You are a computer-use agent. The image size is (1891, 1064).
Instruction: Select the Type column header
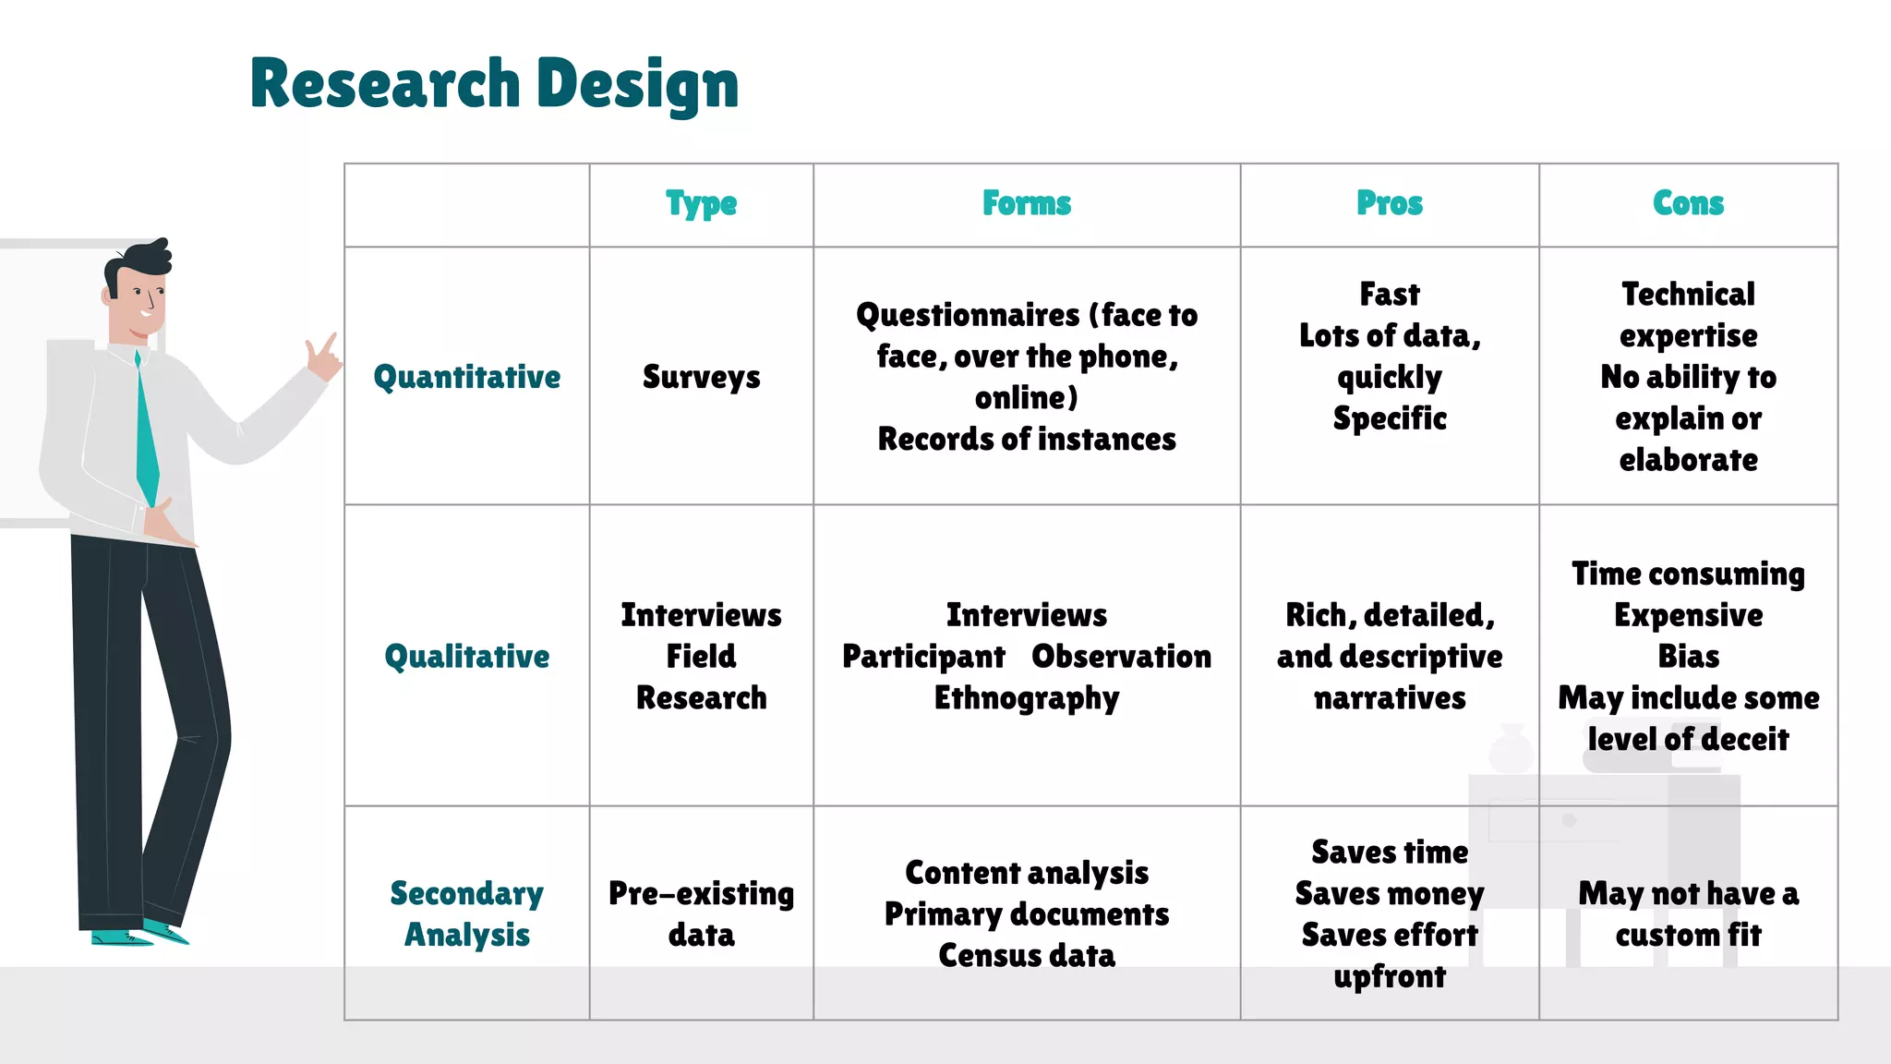click(701, 204)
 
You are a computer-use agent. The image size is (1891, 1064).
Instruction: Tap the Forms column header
click(1026, 204)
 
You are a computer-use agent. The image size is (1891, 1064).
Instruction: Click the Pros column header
click(1389, 204)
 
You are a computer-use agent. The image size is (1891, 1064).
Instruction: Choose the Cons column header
click(1688, 204)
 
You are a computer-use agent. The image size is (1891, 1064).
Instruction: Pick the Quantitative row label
click(466, 377)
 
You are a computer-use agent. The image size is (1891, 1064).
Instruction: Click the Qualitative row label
click(466, 657)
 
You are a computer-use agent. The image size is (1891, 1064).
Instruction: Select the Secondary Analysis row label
click(466, 913)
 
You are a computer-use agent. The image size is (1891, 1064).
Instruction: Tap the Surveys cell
click(701, 377)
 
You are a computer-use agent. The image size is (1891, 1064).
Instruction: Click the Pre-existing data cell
click(701, 913)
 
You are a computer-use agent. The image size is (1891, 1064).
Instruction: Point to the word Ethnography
click(1026, 698)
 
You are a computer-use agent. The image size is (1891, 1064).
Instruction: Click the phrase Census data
click(1026, 955)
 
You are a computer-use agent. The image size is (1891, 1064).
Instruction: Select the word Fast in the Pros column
click(1389, 295)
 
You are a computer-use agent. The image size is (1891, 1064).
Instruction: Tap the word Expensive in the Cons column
click(1688, 615)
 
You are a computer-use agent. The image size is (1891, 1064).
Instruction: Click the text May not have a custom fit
click(1688, 913)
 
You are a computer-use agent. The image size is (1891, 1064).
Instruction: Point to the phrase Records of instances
click(1026, 439)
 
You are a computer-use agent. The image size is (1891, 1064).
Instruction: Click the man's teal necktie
click(146, 434)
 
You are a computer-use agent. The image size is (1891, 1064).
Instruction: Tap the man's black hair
click(143, 259)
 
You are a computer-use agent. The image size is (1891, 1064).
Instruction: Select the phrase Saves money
click(1389, 893)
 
